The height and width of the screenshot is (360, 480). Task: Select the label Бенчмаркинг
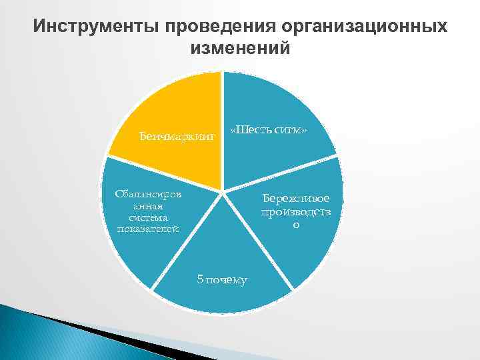coord(178,137)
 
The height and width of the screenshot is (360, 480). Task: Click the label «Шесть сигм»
coord(268,129)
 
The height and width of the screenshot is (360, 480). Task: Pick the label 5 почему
coord(222,279)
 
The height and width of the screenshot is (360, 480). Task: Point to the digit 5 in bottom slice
coord(200,279)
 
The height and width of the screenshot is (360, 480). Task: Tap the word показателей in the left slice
coord(147,229)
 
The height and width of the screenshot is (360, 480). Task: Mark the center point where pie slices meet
coord(223,192)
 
